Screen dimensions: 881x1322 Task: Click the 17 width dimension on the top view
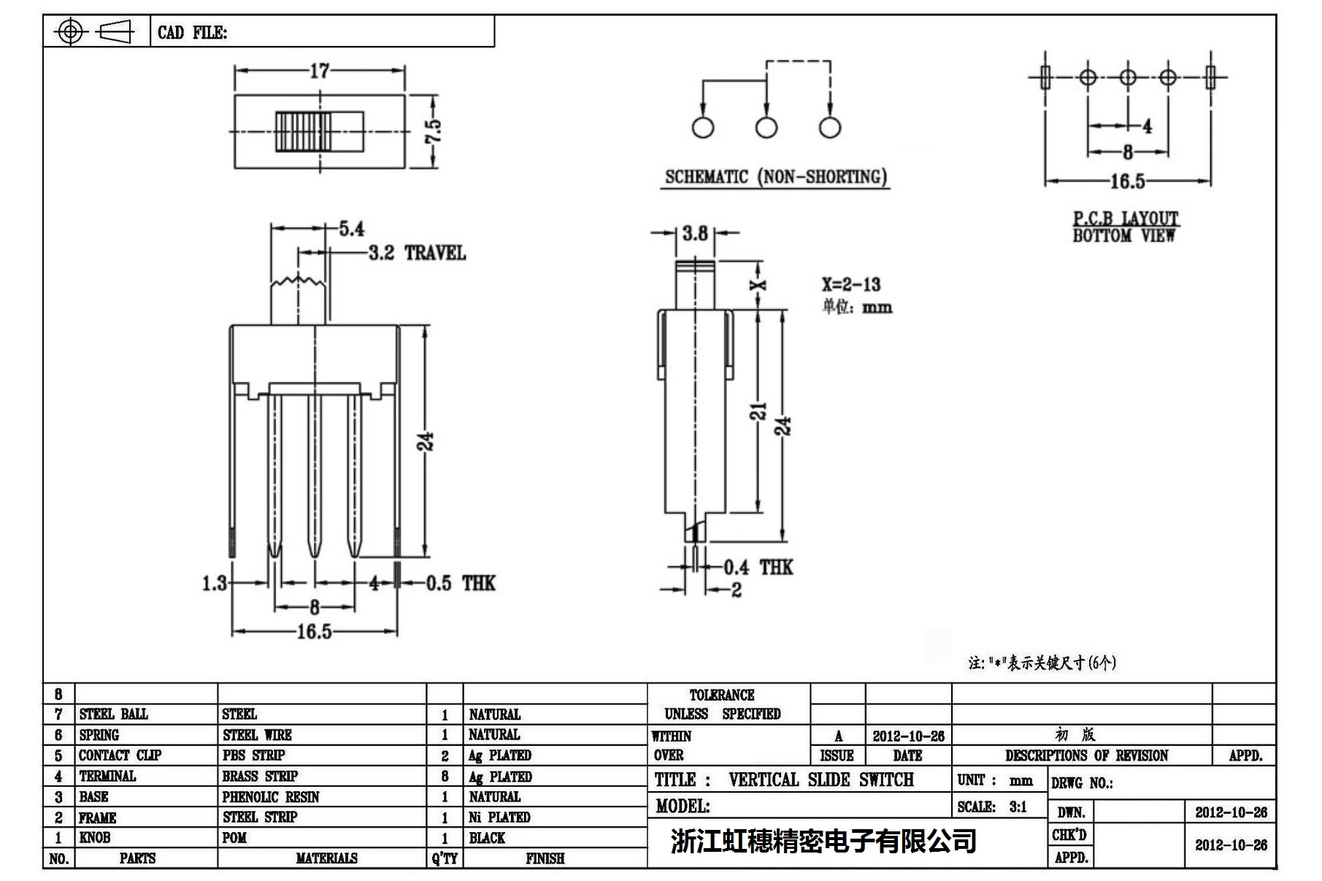pyautogui.click(x=320, y=71)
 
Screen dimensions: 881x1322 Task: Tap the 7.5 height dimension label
pyautogui.click(x=433, y=131)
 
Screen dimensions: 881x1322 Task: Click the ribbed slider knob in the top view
pyautogui.click(x=303, y=131)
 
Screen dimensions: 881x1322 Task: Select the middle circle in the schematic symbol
pyautogui.click(x=766, y=128)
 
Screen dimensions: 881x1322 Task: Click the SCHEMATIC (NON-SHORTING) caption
pyautogui.click(x=775, y=177)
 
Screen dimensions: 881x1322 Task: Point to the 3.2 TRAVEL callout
pyautogui.click(x=417, y=253)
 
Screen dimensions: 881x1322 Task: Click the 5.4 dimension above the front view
pyautogui.click(x=351, y=229)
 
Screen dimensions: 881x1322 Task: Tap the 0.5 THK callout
pyautogui.click(x=461, y=583)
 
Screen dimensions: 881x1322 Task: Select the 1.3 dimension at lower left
pyautogui.click(x=214, y=583)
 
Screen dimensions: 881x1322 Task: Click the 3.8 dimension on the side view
pyautogui.click(x=695, y=234)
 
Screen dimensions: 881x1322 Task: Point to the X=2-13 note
pyautogui.click(x=850, y=285)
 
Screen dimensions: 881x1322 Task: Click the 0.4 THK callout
pyautogui.click(x=758, y=567)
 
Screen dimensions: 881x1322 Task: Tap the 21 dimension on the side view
pyautogui.click(x=759, y=411)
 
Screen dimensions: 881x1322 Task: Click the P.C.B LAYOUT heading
pyautogui.click(x=1125, y=218)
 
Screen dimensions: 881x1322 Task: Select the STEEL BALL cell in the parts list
pyautogui.click(x=114, y=714)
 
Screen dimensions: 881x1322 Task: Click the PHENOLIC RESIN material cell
pyautogui.click(x=271, y=797)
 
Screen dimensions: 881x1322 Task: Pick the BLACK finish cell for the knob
pyautogui.click(x=487, y=838)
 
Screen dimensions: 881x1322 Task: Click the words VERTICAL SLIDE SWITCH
pyautogui.click(x=821, y=780)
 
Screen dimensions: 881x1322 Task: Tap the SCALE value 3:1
pyautogui.click(x=1018, y=807)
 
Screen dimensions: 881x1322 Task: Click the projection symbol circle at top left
pyautogui.click(x=70, y=31)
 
